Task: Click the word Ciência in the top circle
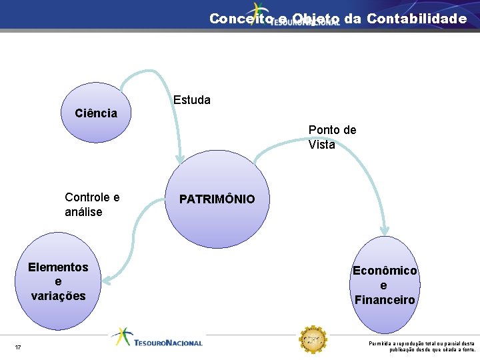point(96,113)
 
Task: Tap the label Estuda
point(191,101)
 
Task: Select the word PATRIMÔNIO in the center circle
point(217,199)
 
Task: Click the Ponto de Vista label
point(332,137)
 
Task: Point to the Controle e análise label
point(92,205)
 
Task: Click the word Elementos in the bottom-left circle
point(58,267)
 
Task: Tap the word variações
point(58,296)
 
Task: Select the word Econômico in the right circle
point(385,271)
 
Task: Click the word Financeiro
point(385,300)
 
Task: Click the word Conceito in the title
point(240,19)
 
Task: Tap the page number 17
point(18,347)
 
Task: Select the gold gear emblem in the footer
point(312,341)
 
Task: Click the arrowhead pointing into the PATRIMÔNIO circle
point(180,158)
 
